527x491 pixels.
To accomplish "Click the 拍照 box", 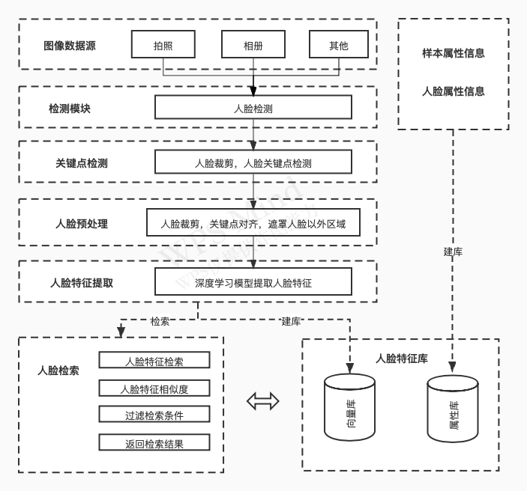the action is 163,44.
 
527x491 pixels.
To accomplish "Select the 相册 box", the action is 253,44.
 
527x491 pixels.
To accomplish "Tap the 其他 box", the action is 338,44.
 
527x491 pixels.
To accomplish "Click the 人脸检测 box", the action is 253,107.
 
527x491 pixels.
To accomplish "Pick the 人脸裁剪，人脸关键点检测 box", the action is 253,162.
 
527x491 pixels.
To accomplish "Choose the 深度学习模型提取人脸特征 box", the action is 253,281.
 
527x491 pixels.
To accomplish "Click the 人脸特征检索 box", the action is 154,360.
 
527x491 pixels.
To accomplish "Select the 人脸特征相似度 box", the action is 154,388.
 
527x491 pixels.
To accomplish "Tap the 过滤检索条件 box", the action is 154,414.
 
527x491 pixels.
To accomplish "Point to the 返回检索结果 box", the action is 154,442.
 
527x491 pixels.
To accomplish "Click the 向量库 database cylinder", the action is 349,407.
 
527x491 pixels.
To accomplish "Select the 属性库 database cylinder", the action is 452,409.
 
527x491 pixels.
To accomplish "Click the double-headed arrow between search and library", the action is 263,401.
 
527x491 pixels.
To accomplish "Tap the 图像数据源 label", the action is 70,46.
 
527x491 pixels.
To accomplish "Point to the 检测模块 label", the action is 70,109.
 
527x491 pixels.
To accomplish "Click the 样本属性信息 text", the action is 454,53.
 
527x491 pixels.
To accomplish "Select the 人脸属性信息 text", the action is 454,91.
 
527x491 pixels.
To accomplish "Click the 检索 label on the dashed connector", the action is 160,321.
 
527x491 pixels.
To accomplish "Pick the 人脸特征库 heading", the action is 402,359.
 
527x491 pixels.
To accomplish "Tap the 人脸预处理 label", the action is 82,224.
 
